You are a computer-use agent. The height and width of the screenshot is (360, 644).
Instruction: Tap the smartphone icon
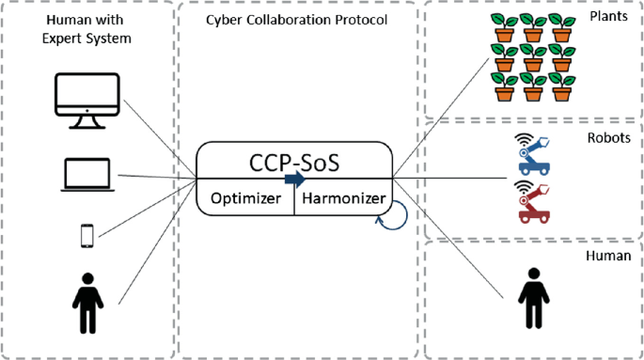(x=87, y=235)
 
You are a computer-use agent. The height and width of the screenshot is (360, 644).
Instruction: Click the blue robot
(x=533, y=157)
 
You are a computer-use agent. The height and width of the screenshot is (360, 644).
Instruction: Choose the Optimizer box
(x=245, y=198)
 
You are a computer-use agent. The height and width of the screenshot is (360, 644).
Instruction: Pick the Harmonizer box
(x=342, y=198)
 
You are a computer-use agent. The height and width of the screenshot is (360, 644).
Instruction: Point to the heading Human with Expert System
(x=87, y=28)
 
